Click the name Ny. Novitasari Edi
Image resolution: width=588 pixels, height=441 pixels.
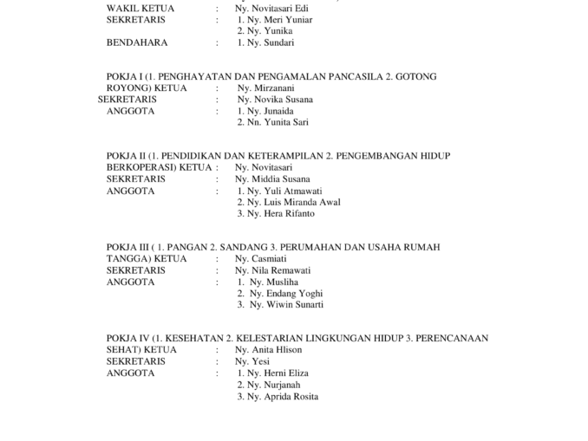[271, 8]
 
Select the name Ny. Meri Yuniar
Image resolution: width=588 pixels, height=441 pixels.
[280, 19]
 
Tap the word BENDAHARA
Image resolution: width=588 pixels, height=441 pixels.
[136, 42]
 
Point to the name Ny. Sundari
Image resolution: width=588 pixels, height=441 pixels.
[271, 42]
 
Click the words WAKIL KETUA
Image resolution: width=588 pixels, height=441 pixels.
[140, 8]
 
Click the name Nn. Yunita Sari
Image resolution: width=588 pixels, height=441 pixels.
[279, 123]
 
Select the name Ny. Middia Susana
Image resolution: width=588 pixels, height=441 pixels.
[272, 179]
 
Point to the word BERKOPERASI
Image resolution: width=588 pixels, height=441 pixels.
[141, 167]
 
